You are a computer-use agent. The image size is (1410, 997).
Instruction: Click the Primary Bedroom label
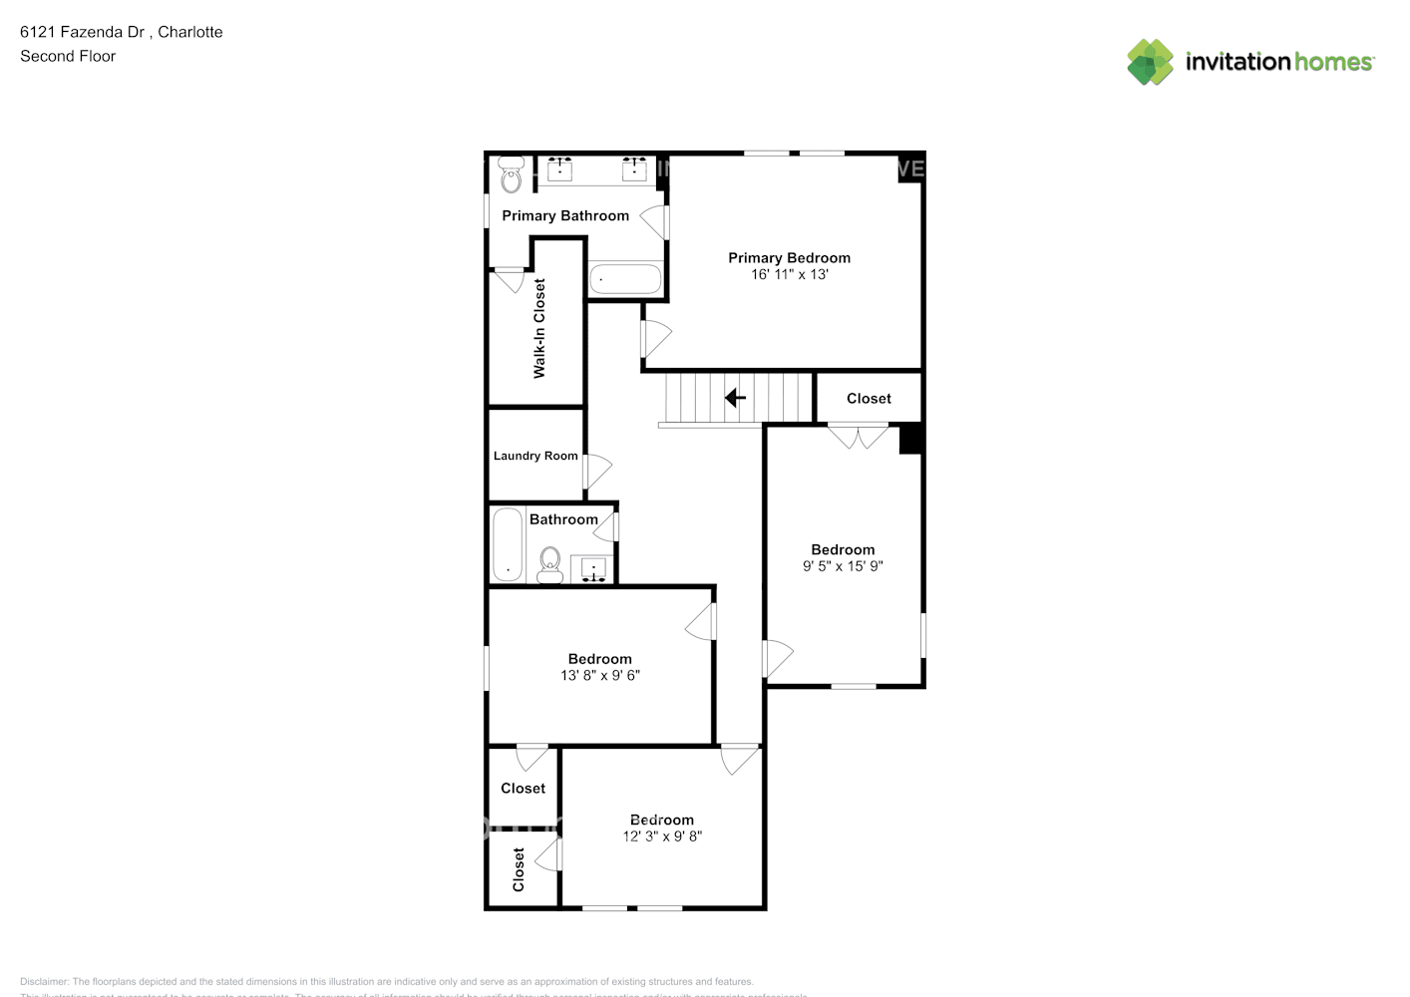click(789, 257)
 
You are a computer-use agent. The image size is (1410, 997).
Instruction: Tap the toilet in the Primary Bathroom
click(511, 177)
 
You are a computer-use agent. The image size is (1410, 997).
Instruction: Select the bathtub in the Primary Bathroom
click(625, 279)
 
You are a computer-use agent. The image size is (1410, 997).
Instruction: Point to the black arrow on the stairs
click(735, 399)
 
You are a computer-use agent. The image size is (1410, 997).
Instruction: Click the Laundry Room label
click(535, 456)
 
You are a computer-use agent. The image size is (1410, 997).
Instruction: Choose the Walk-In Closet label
click(539, 328)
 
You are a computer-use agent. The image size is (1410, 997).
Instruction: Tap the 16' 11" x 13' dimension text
click(789, 274)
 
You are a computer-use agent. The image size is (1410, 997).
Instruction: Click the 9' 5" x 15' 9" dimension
click(843, 566)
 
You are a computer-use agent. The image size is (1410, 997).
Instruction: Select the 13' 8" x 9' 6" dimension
click(600, 676)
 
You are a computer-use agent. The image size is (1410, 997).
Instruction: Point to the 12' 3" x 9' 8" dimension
click(662, 836)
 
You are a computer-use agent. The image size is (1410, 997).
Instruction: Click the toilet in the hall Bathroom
click(549, 565)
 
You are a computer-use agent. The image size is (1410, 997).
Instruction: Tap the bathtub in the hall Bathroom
click(508, 544)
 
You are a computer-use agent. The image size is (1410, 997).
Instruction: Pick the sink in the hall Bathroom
click(594, 569)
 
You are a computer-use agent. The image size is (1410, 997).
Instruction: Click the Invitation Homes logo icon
click(1150, 62)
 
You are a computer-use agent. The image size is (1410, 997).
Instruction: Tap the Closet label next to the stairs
click(869, 399)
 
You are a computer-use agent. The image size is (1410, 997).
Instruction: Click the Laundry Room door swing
click(596, 470)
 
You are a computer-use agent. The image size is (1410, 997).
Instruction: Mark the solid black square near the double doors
click(910, 439)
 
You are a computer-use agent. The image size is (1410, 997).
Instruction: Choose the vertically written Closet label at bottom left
click(519, 869)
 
